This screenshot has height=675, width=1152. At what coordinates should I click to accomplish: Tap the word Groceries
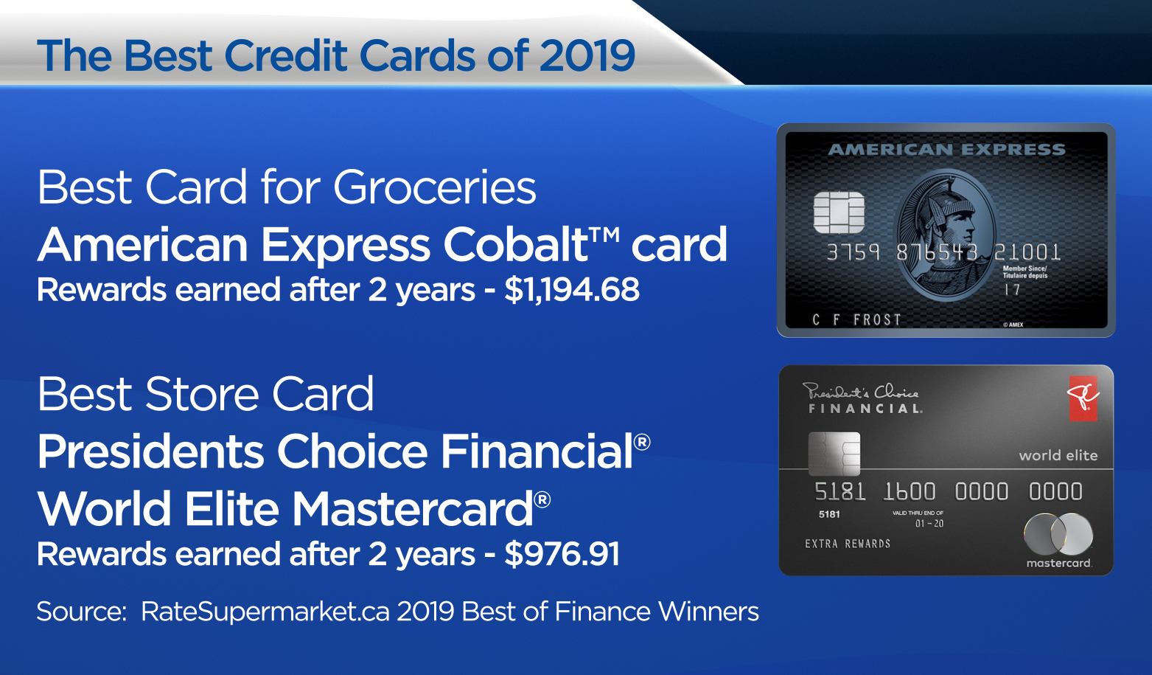(435, 187)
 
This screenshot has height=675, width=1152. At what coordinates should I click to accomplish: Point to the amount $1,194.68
(572, 290)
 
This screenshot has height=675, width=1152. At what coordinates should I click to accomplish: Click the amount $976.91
(562, 553)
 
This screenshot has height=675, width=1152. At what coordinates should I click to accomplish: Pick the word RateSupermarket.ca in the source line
(265, 612)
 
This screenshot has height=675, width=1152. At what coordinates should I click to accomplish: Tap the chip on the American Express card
(839, 212)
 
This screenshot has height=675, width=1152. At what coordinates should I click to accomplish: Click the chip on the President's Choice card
(834, 454)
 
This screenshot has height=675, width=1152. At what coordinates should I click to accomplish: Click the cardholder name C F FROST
(856, 319)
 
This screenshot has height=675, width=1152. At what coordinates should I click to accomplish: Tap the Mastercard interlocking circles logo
(1058, 534)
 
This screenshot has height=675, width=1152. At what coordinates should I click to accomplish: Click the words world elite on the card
(1058, 455)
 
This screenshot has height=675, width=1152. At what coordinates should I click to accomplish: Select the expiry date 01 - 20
(929, 524)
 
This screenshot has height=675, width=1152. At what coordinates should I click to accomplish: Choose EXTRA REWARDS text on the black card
(848, 544)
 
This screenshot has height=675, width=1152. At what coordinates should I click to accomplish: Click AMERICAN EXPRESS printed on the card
(947, 149)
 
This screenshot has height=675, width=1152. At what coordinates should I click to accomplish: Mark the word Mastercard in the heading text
(413, 508)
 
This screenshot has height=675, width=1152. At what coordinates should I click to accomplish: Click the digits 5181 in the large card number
(840, 492)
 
